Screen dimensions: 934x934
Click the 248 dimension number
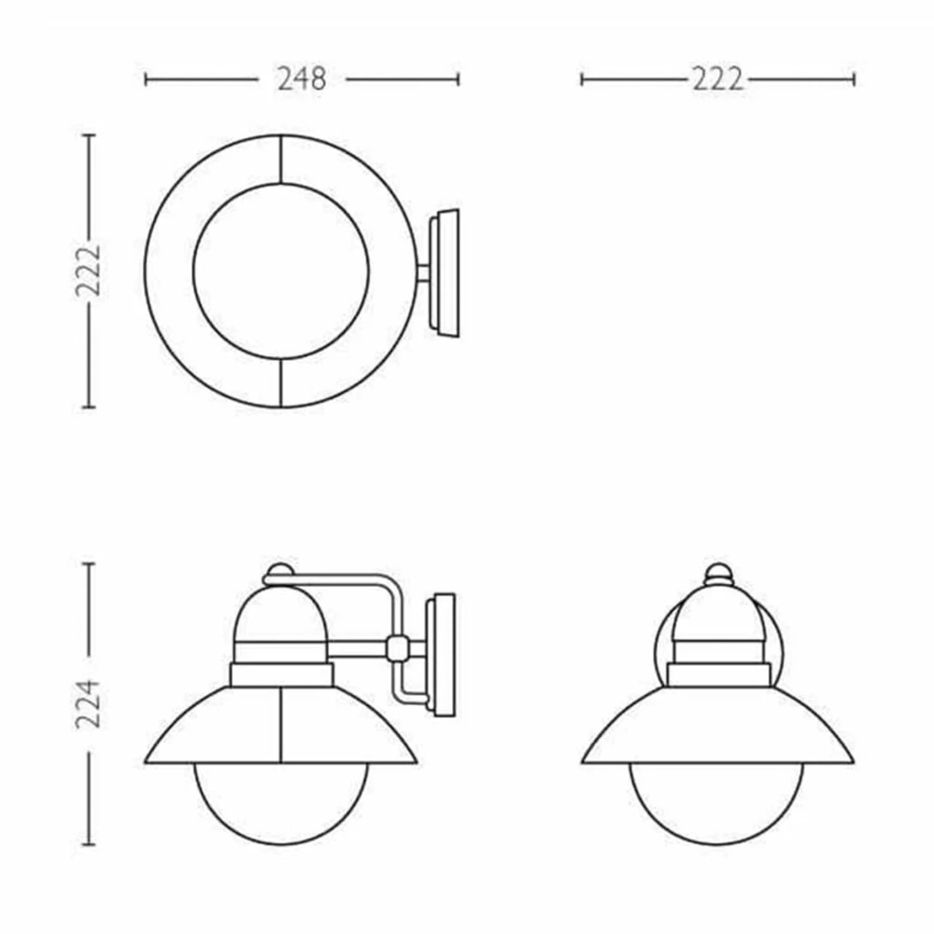click(x=302, y=79)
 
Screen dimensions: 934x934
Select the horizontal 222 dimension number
click(x=717, y=79)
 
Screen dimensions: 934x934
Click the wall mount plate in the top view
click(x=445, y=271)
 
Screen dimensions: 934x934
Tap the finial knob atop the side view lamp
click(x=277, y=572)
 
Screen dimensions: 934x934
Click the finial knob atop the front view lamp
click(x=717, y=573)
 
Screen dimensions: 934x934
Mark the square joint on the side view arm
click(x=397, y=647)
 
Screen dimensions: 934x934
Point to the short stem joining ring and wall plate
click(x=423, y=272)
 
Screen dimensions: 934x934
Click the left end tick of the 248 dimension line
click(x=147, y=79)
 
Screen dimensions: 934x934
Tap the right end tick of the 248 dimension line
click(x=458, y=79)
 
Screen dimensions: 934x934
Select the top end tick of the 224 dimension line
click(x=89, y=564)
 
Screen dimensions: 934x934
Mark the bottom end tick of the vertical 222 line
click(x=89, y=407)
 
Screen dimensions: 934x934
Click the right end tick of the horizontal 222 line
click(x=853, y=79)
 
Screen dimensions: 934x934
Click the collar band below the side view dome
click(x=281, y=674)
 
